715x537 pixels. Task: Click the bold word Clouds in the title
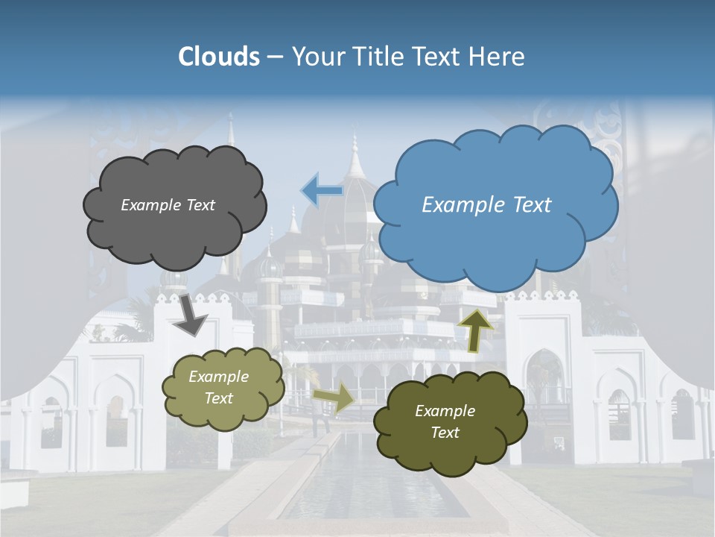click(219, 57)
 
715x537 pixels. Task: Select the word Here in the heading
click(496, 57)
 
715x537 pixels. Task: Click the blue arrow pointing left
click(322, 191)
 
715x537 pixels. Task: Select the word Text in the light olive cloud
click(219, 398)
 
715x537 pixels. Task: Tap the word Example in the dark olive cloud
click(445, 411)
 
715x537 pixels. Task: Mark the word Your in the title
click(314, 57)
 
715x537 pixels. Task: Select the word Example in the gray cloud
click(150, 205)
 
